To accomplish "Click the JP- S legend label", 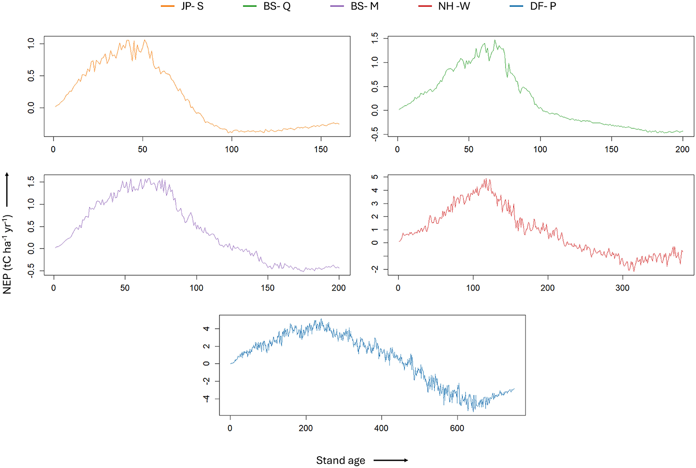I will tap(192, 6).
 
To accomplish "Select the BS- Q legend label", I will tap(277, 6).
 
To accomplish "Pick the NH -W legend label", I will tap(454, 6).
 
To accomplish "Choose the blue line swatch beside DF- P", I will tap(516, 6).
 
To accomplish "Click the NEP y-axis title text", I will tap(7, 254).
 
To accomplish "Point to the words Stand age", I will tap(340, 460).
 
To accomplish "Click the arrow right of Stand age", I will tap(391, 460).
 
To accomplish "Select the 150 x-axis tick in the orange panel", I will tap(321, 149).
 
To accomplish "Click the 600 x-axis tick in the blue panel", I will tap(457, 428).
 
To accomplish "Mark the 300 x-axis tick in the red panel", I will tap(622, 288).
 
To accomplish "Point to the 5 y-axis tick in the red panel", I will tap(375, 177).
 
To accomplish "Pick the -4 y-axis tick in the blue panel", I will tap(206, 399).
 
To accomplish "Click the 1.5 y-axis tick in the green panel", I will tap(375, 39).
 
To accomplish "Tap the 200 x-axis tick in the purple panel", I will tap(338, 288).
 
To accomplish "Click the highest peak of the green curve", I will tap(495, 40).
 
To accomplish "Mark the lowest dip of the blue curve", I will tap(473, 411).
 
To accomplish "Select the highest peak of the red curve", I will tap(485, 179).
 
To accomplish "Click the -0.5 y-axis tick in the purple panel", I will tap(31, 271).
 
